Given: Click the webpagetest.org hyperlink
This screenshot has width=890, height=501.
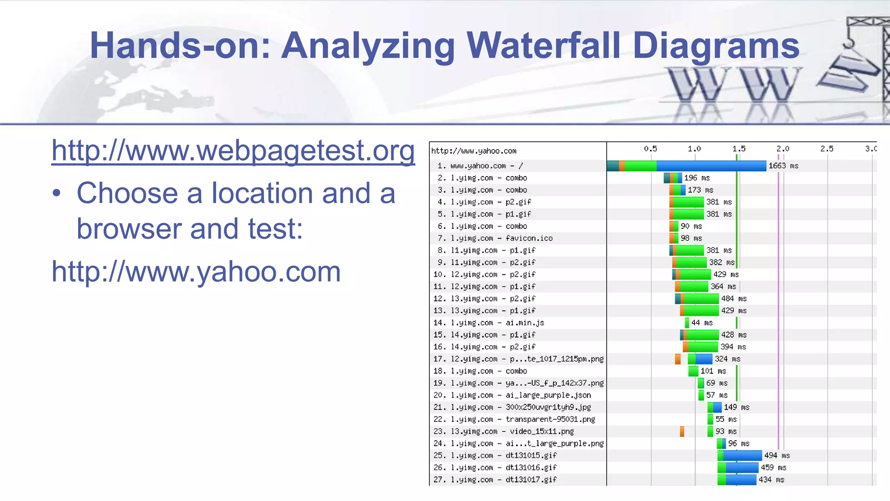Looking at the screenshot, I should (233, 150).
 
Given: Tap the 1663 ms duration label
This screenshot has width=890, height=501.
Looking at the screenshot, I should (783, 166).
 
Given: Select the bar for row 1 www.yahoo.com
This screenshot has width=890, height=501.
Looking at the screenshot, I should (687, 166).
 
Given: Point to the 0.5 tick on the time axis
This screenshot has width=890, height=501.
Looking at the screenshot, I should (651, 149).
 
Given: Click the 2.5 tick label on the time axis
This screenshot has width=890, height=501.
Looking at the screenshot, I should (827, 149).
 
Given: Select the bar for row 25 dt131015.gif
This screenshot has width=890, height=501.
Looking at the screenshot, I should (740, 455).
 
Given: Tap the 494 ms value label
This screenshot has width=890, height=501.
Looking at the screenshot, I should (777, 455).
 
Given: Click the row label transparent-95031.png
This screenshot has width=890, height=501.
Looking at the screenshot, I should (514, 419).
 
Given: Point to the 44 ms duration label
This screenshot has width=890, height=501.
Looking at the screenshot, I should (702, 323).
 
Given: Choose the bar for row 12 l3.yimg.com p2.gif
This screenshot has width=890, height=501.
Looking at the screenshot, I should (697, 299).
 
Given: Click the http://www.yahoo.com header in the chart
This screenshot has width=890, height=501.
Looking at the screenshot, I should (474, 151).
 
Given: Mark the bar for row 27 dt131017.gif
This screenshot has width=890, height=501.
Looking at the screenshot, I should (737, 480).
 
